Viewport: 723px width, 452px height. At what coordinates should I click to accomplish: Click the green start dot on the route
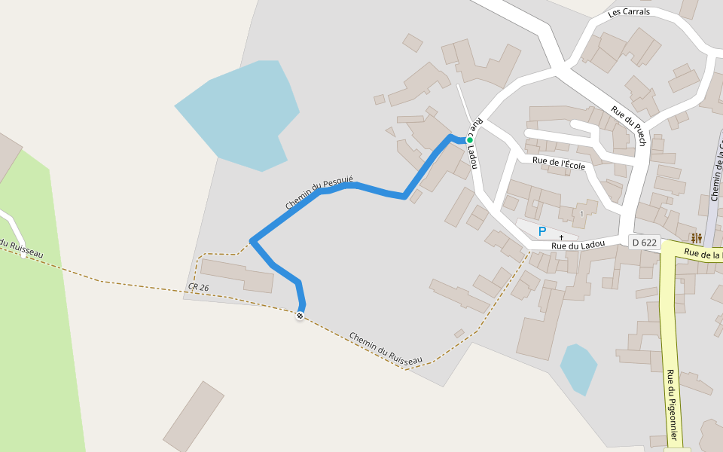469,140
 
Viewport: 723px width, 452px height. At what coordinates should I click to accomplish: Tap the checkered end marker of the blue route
300,316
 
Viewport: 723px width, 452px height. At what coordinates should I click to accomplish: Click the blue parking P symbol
541,231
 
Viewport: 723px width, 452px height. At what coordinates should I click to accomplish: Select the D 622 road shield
645,243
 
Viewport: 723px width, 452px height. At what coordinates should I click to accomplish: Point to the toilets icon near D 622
696,238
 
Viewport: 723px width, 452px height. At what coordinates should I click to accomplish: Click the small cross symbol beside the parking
561,237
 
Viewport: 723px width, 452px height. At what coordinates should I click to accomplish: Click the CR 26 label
199,288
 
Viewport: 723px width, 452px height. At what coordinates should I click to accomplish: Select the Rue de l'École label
558,163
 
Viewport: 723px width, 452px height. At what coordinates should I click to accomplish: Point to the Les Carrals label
629,13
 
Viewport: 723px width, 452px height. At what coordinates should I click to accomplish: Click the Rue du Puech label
629,126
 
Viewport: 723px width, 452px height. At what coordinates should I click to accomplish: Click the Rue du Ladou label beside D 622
578,245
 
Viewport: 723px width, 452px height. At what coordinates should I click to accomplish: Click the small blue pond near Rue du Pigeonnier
578,368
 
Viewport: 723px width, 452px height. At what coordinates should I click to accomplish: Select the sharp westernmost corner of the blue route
253,241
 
